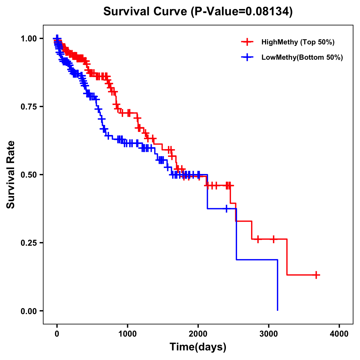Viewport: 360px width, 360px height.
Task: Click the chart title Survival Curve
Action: coord(146,12)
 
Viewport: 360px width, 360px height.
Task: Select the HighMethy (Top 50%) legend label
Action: coord(298,42)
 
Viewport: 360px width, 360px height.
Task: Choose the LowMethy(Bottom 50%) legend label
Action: coord(302,57)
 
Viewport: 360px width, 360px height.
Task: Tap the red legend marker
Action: coord(247,42)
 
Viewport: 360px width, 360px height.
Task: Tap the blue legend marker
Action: coord(247,57)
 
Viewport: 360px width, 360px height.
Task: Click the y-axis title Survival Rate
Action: coord(11,174)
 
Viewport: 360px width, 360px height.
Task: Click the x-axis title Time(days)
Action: coord(198,347)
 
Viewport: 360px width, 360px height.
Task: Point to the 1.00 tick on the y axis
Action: coord(28,39)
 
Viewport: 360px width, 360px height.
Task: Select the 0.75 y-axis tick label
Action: coord(28,107)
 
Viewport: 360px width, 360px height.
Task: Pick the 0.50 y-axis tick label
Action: coord(28,175)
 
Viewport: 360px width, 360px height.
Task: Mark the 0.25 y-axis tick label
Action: coord(28,243)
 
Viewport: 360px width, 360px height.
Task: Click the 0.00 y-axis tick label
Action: coord(28,311)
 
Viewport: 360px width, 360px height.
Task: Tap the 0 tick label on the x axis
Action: coord(57,334)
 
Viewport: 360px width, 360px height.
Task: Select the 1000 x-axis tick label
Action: coord(127,334)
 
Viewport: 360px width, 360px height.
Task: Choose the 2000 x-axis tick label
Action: coord(198,334)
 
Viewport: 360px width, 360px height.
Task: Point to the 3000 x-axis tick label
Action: coord(269,334)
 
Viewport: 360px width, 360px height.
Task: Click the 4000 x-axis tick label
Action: coord(339,334)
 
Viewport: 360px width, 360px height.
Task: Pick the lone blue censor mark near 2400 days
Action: coord(226,208)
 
